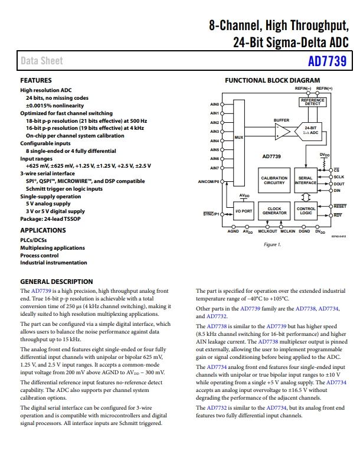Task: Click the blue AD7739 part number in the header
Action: (x=327, y=61)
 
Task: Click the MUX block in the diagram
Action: (x=239, y=143)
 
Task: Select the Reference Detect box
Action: (x=313, y=102)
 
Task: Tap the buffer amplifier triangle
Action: (x=282, y=132)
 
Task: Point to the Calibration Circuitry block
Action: (x=274, y=181)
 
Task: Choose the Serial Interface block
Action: (x=306, y=181)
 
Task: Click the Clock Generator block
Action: (x=274, y=211)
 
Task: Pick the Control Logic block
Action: (x=306, y=211)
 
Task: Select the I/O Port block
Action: (x=244, y=211)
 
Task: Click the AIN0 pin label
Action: (x=214, y=104)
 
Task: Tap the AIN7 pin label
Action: (x=214, y=168)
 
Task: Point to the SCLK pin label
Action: (x=339, y=177)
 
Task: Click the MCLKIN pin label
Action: (x=288, y=231)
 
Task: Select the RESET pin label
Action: (x=340, y=206)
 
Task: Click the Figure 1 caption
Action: (x=272, y=244)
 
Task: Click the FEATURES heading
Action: (x=36, y=80)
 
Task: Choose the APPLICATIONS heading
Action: (x=43, y=230)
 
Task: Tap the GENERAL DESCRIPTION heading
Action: (x=56, y=282)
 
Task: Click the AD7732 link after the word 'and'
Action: (x=217, y=316)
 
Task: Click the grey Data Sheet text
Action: (x=42, y=61)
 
